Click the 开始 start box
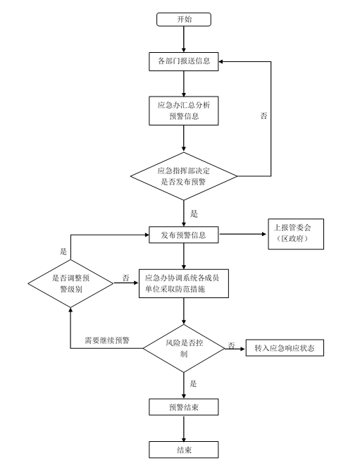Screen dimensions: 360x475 coord(183,20)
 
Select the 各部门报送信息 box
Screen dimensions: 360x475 coord(183,61)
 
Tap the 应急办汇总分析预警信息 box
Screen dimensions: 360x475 coord(183,111)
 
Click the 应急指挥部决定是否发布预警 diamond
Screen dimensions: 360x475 coord(184,176)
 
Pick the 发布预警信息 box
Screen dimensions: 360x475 coord(183,235)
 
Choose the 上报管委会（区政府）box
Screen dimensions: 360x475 coord(296,234)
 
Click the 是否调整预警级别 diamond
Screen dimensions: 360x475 coord(70,283)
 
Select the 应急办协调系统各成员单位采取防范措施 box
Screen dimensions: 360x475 coord(183,283)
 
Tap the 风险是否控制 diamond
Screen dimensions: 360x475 coord(184,348)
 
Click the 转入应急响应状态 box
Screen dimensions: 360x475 coord(285,347)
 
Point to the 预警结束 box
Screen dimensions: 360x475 coord(183,407)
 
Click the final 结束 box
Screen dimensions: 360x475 coord(183,450)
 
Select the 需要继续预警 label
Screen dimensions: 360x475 coord(107,340)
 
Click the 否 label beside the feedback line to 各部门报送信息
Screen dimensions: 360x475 coord(263,116)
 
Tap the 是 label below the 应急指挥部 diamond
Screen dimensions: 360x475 coord(194,214)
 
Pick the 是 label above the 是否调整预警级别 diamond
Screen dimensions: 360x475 coord(63,252)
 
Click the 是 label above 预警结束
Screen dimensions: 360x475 coord(193,384)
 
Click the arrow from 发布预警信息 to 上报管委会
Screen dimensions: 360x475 coord(243,234)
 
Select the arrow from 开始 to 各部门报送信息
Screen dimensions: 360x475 coord(183,39)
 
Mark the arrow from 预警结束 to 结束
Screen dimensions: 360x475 coord(183,428)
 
